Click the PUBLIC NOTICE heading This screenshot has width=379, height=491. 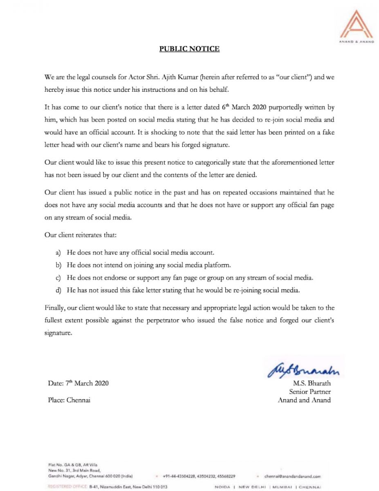[x=189, y=49]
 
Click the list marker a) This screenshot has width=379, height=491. [x=58, y=253]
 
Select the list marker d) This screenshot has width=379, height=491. [x=58, y=290]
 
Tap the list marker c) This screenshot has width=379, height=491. [x=58, y=278]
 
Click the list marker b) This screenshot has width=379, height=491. [x=58, y=265]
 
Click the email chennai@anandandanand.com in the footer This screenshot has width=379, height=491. [x=292, y=476]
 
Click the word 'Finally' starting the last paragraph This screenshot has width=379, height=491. [x=55, y=307]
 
